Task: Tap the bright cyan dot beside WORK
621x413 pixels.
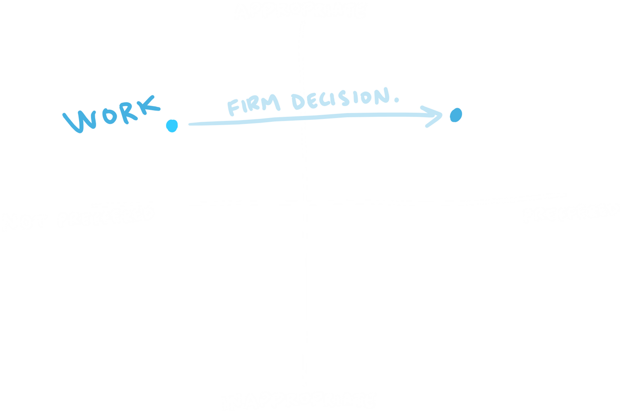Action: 171,126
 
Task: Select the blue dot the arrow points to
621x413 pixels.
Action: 455,115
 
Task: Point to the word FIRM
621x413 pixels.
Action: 253,106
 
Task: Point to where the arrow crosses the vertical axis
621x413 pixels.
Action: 303,120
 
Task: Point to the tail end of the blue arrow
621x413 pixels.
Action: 189,124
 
